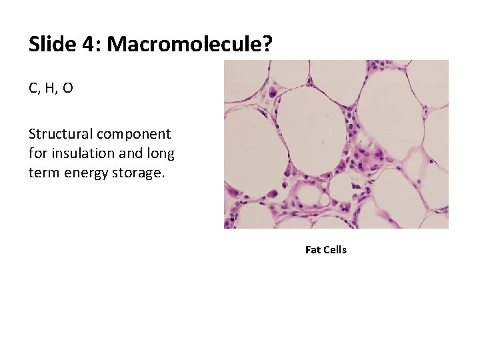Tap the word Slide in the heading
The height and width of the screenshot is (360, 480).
pos(52,45)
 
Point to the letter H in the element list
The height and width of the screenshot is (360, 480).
pos(51,88)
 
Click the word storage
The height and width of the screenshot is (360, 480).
pos(139,173)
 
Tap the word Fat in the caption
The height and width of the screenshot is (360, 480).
pos(313,250)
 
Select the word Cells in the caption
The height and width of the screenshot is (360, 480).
pos(335,250)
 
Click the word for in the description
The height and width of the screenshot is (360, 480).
pos(37,153)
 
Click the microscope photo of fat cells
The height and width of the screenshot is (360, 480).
pos(336,144)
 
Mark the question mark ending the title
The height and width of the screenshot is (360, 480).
pos(267,45)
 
